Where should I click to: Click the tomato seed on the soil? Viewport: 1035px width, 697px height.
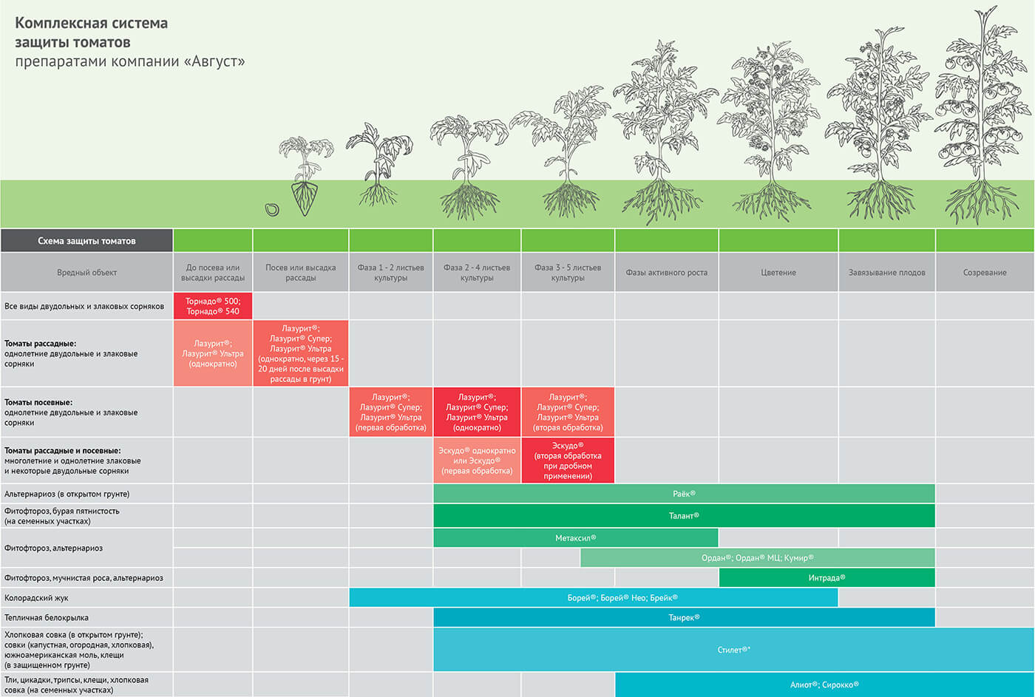pyautogui.click(x=272, y=210)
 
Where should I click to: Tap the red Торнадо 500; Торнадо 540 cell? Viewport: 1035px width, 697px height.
pyautogui.click(x=213, y=306)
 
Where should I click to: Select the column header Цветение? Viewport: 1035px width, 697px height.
pyautogui.click(x=778, y=273)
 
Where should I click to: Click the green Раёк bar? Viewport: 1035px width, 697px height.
pyautogui.click(x=684, y=494)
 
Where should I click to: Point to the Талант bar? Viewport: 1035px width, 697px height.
pyautogui.click(x=684, y=516)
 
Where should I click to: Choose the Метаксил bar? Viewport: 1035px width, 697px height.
pyautogui.click(x=575, y=538)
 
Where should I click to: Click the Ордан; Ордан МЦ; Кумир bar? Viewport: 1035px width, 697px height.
pyautogui.click(x=757, y=557)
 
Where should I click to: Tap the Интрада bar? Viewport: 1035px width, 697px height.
pyautogui.click(x=827, y=578)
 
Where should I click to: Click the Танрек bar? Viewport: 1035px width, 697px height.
pyautogui.click(x=684, y=617)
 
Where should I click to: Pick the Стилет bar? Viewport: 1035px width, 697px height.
pyautogui.click(x=733, y=650)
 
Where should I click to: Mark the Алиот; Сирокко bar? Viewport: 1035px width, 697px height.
pyautogui.click(x=824, y=684)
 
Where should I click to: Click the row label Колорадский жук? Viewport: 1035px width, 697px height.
pyautogui.click(x=37, y=598)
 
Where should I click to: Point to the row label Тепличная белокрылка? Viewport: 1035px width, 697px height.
pyautogui.click(x=47, y=618)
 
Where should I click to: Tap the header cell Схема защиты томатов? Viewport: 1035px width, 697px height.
pyautogui.click(x=86, y=241)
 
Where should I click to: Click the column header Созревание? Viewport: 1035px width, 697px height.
pyautogui.click(x=985, y=273)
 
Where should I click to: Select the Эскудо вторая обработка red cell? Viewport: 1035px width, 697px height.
pyautogui.click(x=568, y=460)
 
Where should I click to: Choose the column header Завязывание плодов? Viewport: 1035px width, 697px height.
pyautogui.click(x=886, y=273)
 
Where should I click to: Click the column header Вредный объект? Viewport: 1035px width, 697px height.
pyautogui.click(x=86, y=273)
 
